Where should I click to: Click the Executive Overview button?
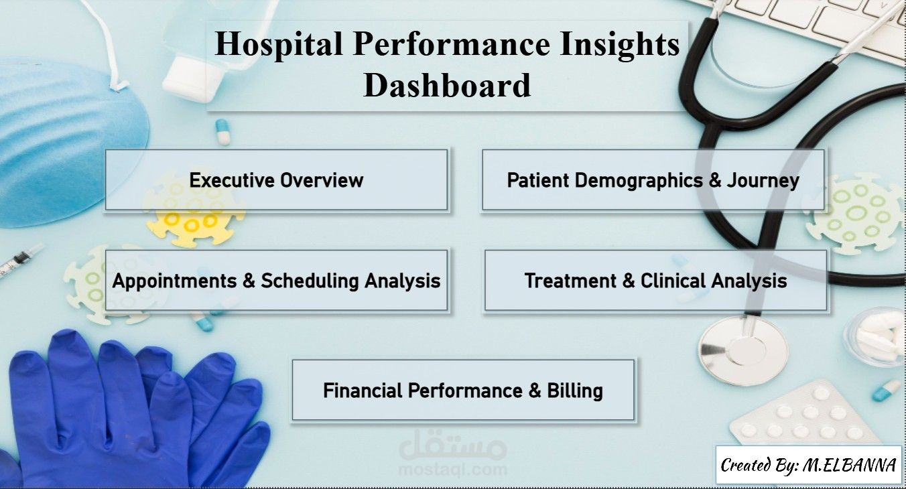277,180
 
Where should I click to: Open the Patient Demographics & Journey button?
653,180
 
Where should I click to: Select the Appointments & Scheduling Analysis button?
277,280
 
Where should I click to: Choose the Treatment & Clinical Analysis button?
655,280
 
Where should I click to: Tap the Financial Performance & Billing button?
463,391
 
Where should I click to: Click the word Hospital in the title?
279,44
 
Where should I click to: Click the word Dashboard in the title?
447,85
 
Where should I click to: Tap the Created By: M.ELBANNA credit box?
809,465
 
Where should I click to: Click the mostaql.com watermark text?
452,470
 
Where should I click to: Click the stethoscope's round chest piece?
743,350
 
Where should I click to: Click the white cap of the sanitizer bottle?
191,79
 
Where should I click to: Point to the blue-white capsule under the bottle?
222,132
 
